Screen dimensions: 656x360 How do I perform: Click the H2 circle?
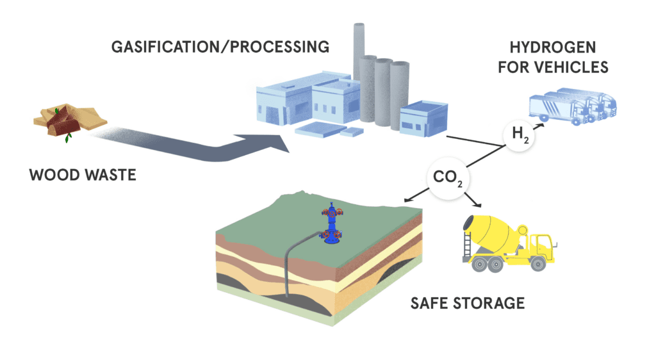click(519, 135)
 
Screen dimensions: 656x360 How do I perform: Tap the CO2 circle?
click(448, 177)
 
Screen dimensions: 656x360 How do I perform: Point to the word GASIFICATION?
click(165, 47)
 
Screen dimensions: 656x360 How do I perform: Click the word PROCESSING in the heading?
click(279, 47)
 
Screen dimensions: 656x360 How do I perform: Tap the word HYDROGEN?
click(553, 47)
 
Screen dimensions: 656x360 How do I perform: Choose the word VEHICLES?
click(575, 67)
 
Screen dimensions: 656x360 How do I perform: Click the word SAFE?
click(430, 303)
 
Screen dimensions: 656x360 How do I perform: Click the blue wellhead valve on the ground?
click(332, 224)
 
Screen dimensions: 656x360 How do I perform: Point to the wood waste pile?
click(70, 120)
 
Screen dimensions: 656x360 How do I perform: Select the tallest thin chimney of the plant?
click(359, 53)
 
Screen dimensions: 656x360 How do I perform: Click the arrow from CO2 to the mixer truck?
click(473, 200)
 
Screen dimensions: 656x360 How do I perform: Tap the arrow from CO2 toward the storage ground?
click(416, 195)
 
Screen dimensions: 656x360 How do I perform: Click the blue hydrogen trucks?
click(572, 106)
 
